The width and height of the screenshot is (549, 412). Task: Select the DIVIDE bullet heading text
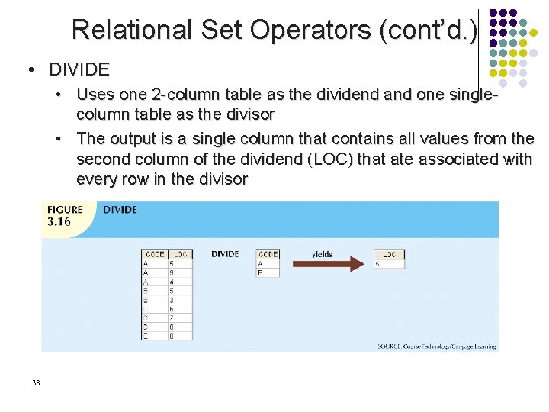click(79, 70)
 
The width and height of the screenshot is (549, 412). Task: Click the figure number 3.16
click(59, 222)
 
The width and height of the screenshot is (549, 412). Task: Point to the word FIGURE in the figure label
click(65, 210)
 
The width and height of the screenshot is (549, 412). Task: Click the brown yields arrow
click(328, 265)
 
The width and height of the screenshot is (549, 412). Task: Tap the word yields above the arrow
click(322, 254)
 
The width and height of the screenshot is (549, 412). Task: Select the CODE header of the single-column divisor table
click(268, 254)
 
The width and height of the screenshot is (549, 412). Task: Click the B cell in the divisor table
click(261, 272)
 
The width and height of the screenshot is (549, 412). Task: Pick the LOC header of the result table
click(389, 255)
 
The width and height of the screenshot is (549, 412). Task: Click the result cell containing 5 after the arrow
click(378, 264)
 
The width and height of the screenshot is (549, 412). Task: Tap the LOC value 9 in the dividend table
click(172, 272)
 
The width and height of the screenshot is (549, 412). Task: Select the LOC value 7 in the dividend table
click(172, 317)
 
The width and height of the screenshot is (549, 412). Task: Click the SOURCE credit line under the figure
click(436, 346)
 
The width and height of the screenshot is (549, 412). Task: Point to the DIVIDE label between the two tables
click(225, 254)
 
